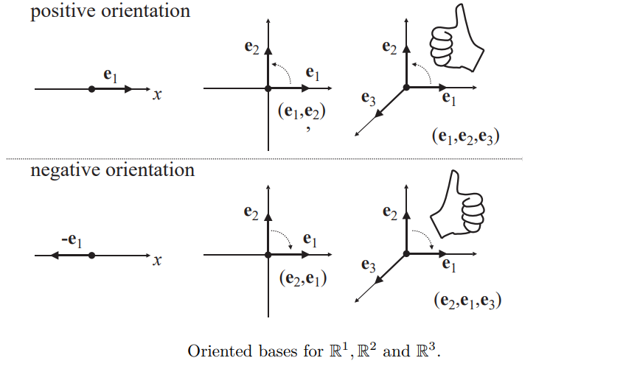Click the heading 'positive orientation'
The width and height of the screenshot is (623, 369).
(110, 12)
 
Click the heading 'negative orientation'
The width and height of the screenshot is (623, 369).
(112, 170)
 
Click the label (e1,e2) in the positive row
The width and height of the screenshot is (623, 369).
(302, 111)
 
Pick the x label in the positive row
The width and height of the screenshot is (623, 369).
(156, 94)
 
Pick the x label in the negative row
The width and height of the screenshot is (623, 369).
(156, 260)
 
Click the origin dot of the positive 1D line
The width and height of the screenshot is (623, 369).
(91, 88)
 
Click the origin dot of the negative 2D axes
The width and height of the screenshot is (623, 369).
(268, 255)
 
